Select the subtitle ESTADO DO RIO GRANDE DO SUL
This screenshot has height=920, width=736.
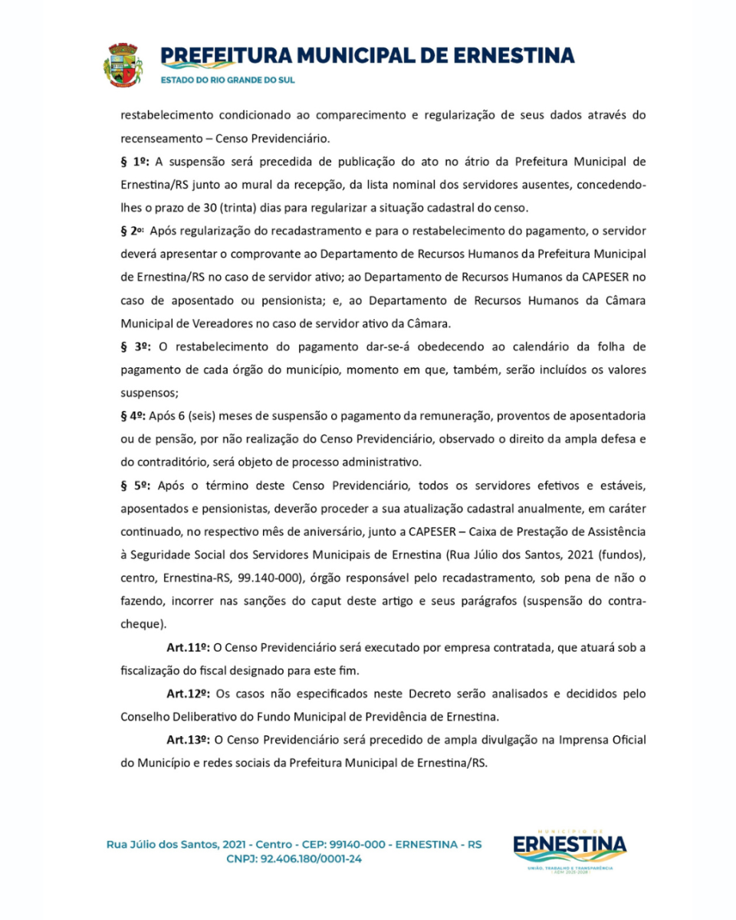[227, 80]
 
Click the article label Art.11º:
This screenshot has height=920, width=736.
[189, 648]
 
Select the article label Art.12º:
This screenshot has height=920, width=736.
[189, 694]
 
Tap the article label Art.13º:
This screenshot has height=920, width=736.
[189, 740]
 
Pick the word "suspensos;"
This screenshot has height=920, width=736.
[149, 393]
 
